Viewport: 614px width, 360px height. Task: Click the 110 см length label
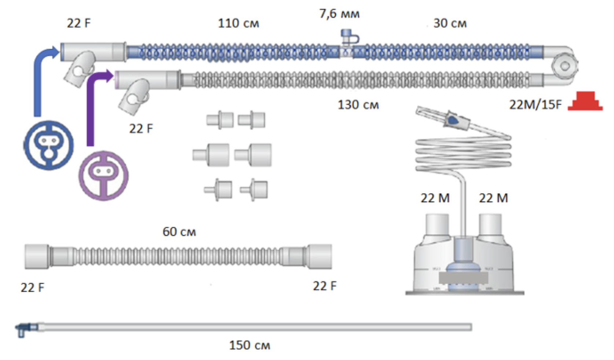pos(238,23)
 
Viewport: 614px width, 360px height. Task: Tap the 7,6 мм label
pos(339,14)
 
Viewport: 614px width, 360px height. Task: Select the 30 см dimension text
pos(450,23)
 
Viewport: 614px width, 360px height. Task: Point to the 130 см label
pos(358,105)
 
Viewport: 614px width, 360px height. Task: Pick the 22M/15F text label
pos(535,105)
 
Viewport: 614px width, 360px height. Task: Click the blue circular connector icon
pos(48,145)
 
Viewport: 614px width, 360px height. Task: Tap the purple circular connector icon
pos(103,176)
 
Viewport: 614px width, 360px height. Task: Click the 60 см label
pos(179,232)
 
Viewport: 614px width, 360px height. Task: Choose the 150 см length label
pos(249,345)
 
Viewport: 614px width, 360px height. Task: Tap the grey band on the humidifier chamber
pos(463,278)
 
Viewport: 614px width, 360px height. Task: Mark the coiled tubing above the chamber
pos(463,154)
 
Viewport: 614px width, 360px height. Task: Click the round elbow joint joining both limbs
pos(565,67)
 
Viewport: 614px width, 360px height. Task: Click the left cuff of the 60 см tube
pos(37,257)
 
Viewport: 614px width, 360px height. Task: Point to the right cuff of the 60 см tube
pos(319,257)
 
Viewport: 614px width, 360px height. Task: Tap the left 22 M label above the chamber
pos(435,198)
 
